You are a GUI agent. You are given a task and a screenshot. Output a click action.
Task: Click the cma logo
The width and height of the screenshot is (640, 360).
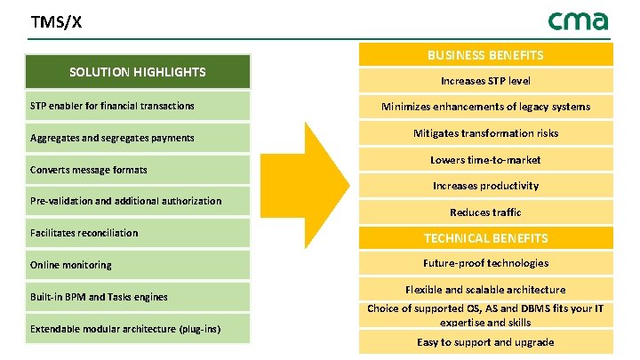(x=578, y=20)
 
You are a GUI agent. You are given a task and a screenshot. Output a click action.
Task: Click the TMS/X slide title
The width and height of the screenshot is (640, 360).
(x=56, y=22)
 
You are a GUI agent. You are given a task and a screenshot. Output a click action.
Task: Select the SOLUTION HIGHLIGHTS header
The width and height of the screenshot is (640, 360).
(x=138, y=72)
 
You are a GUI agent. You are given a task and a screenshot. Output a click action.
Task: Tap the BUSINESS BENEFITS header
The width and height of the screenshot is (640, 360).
(x=485, y=55)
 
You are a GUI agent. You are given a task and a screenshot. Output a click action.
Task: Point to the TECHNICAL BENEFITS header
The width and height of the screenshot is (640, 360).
(x=485, y=238)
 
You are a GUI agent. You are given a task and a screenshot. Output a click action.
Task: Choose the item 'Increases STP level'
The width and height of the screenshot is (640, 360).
(x=485, y=81)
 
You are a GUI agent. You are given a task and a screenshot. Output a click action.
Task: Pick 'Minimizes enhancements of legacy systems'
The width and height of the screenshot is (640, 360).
(x=485, y=107)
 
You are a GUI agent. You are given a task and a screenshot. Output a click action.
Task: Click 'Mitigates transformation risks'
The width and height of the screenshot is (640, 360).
(x=485, y=133)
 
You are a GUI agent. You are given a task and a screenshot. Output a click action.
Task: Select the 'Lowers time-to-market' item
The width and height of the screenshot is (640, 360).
(x=485, y=160)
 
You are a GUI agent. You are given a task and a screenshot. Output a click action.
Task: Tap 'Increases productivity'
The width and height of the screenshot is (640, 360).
(x=485, y=186)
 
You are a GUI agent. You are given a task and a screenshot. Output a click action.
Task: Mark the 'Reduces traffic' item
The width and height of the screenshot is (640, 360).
(x=485, y=212)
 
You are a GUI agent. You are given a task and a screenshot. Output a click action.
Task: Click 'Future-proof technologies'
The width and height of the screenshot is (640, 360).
(x=485, y=263)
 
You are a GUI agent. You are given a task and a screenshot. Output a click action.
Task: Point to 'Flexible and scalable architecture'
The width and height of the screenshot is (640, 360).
(x=485, y=290)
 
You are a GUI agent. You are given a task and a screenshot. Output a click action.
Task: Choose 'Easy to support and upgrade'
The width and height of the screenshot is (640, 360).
(x=485, y=342)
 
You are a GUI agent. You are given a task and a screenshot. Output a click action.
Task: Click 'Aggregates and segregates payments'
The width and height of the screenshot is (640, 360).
(x=112, y=139)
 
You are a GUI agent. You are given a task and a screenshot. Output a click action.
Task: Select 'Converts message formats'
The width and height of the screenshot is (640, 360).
(x=89, y=170)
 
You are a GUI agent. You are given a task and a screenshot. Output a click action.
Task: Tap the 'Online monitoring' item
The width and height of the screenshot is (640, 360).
(x=71, y=265)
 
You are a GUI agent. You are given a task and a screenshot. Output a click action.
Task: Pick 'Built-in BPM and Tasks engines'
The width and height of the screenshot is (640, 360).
(x=99, y=297)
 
